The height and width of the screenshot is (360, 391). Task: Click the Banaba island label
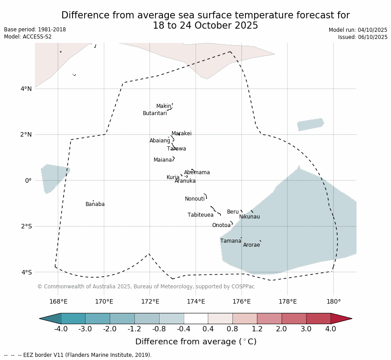pos(95,205)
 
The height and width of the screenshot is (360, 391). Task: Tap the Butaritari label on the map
pos(155,114)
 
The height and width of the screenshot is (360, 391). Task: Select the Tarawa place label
pos(176,149)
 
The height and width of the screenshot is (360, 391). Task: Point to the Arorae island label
pos(251,245)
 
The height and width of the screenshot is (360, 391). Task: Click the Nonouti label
pos(195,199)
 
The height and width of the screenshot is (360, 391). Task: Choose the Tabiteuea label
pos(201,215)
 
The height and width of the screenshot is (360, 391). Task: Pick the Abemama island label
pos(197,173)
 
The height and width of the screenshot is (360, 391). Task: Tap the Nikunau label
pos(249,217)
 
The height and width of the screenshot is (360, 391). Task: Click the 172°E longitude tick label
pos(150,301)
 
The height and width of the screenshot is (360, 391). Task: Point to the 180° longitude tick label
pos(333,301)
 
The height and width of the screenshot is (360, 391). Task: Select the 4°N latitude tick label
pos(26,89)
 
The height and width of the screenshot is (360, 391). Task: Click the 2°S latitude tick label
pos(26,226)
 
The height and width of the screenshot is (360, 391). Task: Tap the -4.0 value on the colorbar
pos(61,329)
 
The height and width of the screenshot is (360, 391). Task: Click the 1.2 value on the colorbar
pos(257,329)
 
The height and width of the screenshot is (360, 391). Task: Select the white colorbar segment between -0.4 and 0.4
pos(196,318)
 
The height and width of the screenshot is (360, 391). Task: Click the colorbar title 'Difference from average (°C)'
pos(196,342)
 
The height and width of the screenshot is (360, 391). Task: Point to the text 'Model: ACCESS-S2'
pos(28,37)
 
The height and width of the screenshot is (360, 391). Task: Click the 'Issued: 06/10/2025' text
pos(363,37)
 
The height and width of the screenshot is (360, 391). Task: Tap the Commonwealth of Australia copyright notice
pos(146,287)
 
